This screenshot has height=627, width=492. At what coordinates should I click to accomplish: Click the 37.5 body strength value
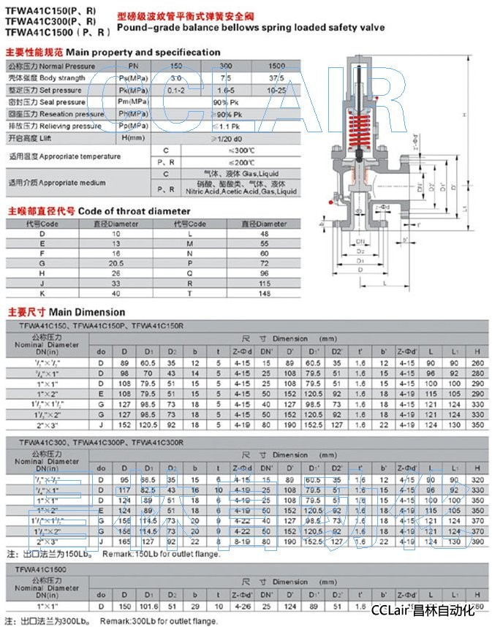coord(276,77)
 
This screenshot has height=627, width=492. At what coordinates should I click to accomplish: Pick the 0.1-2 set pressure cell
coord(175,90)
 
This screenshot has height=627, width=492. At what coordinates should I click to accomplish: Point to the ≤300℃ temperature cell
coord(220,150)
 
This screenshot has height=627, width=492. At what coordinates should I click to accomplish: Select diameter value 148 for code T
coord(265,294)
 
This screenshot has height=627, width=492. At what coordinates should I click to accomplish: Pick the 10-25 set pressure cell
coord(276,90)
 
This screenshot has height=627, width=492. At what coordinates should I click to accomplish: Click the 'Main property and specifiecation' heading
coord(143,53)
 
